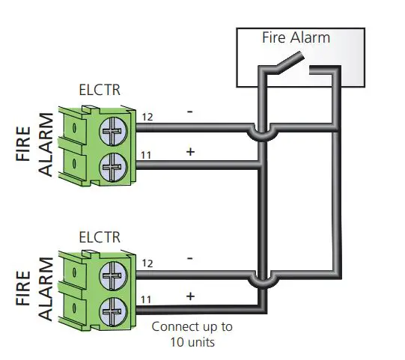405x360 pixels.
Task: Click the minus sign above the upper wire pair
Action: (190, 112)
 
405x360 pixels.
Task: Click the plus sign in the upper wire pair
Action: (190, 152)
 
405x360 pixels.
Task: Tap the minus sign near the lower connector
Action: (190, 257)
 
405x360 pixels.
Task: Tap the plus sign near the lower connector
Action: (190, 296)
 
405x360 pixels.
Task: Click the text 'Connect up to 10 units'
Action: (192, 334)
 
